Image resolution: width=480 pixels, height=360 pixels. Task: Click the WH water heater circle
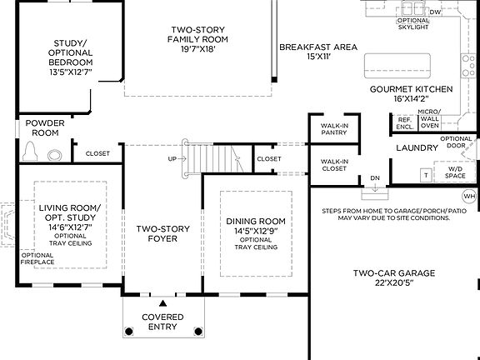pyautogui.click(x=468, y=197)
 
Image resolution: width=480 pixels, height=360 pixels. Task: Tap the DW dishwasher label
pyautogui.click(x=435, y=12)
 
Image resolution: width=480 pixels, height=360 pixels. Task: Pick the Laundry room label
pyautogui.click(x=417, y=147)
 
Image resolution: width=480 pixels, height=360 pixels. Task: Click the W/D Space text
pyautogui.click(x=455, y=171)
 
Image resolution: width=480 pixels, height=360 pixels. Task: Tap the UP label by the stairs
pyautogui.click(x=172, y=158)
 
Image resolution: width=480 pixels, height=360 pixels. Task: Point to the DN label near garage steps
pyautogui.click(x=375, y=178)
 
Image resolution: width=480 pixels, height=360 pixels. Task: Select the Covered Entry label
pyautogui.click(x=162, y=322)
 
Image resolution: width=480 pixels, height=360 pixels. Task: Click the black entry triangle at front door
pyautogui.click(x=163, y=302)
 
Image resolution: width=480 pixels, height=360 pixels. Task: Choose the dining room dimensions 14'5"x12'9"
pyautogui.click(x=255, y=231)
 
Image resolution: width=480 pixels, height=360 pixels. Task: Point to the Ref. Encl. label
pyautogui.click(x=405, y=122)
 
